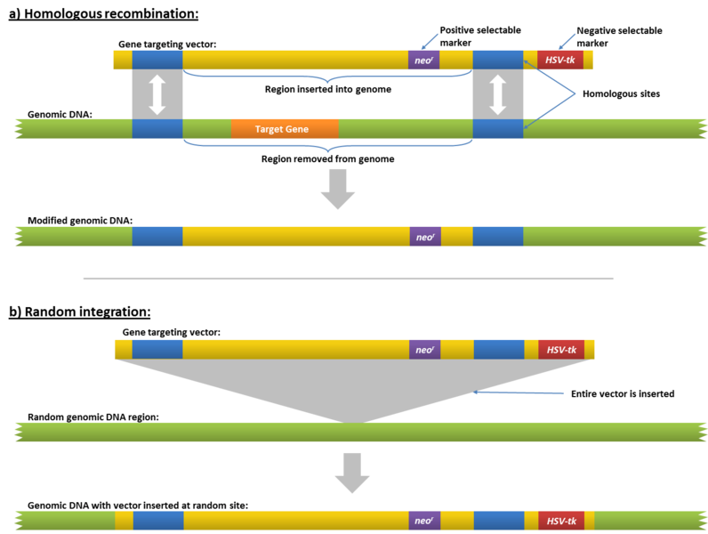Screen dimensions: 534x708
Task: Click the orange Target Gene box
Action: (284, 129)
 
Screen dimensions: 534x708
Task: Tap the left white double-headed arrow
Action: (157, 94)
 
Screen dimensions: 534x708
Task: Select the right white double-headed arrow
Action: (497, 94)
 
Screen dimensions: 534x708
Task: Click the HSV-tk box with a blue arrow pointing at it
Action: (560, 60)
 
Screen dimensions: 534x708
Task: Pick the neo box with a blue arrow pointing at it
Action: (424, 60)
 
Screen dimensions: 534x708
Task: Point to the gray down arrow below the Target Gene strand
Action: (337, 188)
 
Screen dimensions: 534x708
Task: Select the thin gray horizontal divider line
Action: (348, 279)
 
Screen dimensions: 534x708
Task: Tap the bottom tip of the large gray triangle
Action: (354, 421)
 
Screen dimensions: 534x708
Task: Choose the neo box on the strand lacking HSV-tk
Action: (425, 237)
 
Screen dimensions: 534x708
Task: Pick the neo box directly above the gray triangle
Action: (425, 349)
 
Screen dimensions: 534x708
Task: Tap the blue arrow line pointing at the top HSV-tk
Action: (567, 41)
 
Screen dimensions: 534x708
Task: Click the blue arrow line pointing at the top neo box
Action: (430, 41)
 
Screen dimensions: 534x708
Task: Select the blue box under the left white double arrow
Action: (157, 129)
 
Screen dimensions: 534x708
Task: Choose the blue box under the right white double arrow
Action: (497, 129)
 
